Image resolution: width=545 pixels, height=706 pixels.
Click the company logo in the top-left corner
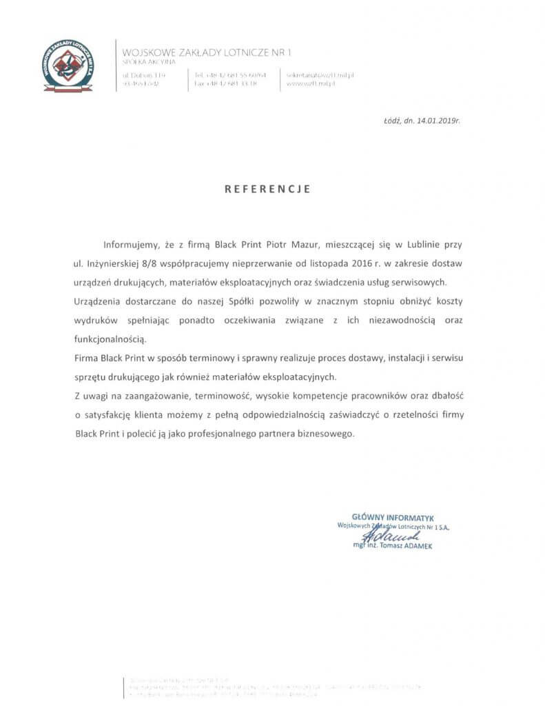68,66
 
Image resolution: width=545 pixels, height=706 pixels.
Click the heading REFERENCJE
268,188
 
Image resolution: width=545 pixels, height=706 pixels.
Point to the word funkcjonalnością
110,339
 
